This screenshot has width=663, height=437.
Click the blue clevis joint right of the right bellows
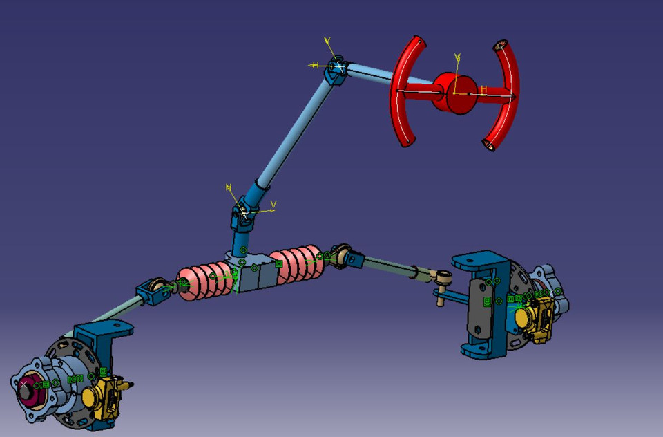pyautogui.click(x=352, y=259)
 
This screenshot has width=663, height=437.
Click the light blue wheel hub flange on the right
pyautogui.click(x=556, y=290)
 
